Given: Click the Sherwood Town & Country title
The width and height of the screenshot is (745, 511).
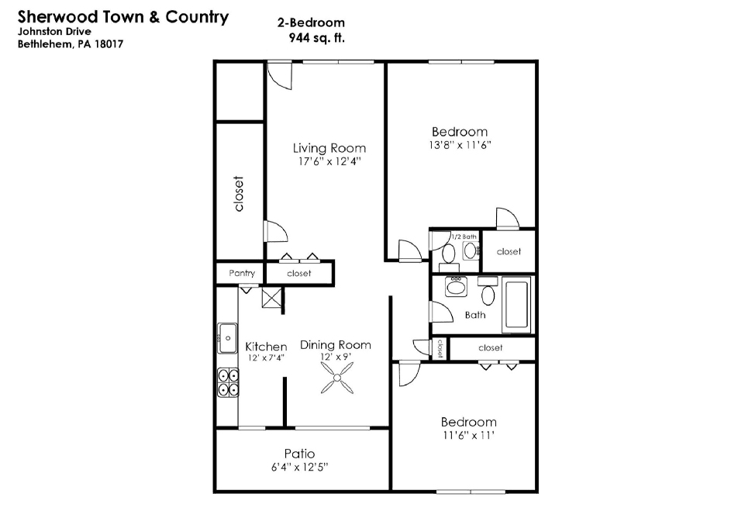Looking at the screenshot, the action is click(x=123, y=16).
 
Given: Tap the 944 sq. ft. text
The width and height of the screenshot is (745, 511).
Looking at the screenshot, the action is click(x=317, y=37).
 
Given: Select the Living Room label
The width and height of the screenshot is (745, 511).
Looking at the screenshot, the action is click(x=329, y=148).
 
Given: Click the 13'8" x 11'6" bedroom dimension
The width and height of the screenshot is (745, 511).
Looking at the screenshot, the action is click(x=460, y=145).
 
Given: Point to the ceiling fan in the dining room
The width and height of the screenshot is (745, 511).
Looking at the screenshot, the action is click(x=337, y=378).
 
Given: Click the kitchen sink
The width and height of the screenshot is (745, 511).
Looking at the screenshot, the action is click(x=228, y=338).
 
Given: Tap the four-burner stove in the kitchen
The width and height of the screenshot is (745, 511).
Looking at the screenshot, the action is click(x=228, y=382).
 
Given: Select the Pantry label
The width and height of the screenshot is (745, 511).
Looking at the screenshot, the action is click(x=242, y=273).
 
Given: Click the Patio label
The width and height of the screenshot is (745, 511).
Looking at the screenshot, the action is click(x=299, y=454).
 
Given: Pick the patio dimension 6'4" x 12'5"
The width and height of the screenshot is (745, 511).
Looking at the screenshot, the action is click(x=299, y=468).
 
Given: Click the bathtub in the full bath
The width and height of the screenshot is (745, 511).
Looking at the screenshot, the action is click(x=516, y=305).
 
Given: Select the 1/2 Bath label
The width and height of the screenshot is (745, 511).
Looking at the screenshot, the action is click(x=464, y=237).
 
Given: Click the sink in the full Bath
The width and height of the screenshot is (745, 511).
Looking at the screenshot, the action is click(x=456, y=287).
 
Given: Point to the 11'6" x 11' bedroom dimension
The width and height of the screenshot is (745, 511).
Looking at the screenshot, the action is click(x=468, y=435).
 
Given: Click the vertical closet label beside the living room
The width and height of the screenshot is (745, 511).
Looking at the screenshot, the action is click(x=239, y=194).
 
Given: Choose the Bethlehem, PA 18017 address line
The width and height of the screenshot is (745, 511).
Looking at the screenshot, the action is click(x=71, y=44).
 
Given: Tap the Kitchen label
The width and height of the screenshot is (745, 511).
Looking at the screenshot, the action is click(x=266, y=347).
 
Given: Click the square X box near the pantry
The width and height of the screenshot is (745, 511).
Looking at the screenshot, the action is click(x=272, y=298).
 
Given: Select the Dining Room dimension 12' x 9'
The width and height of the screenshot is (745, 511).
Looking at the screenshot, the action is click(x=336, y=357).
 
